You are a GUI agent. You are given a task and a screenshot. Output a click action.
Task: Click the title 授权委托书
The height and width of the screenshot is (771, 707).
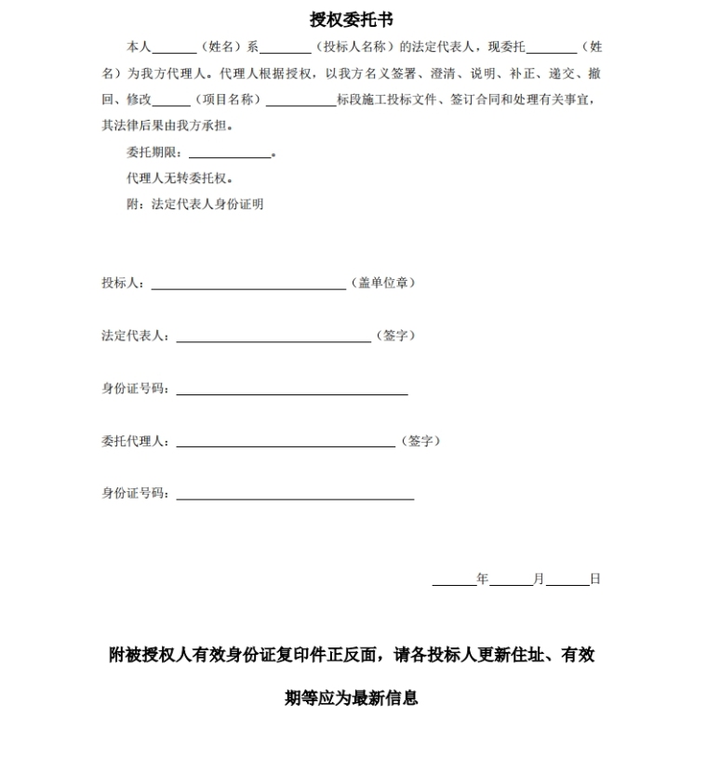[x=352, y=20]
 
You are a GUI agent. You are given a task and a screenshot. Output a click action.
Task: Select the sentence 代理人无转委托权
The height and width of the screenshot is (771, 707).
[x=180, y=178]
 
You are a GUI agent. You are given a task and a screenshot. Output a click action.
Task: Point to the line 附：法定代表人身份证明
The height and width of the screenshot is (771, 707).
[x=194, y=204]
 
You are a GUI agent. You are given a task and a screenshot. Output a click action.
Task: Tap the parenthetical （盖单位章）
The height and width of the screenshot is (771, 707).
[x=383, y=283]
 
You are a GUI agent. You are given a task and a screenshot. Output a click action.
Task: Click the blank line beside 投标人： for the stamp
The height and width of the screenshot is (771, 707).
[x=248, y=287]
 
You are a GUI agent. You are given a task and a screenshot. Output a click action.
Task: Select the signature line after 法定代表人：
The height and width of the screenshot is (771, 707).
[x=273, y=340]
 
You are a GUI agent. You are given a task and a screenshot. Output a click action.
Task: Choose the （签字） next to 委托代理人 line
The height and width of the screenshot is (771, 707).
[x=421, y=441]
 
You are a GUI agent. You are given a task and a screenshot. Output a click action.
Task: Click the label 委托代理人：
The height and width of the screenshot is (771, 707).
[x=136, y=441]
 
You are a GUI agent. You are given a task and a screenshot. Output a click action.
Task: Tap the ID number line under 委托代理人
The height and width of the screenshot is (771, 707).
[x=295, y=498]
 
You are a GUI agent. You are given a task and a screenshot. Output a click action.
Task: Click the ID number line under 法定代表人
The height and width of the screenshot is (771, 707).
[x=292, y=393]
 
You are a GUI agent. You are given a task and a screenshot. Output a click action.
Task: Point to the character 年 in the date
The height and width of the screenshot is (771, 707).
[x=483, y=578]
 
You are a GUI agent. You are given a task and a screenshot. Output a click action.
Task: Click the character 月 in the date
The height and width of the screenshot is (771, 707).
[x=539, y=578]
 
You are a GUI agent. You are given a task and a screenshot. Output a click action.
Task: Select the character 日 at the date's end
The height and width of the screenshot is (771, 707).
[x=595, y=578]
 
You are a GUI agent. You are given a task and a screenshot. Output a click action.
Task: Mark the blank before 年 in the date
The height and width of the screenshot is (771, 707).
[x=454, y=582]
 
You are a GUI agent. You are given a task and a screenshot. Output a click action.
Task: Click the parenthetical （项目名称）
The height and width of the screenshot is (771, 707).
[x=226, y=100]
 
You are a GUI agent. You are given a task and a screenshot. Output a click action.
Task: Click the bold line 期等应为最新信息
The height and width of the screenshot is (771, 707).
[x=352, y=698]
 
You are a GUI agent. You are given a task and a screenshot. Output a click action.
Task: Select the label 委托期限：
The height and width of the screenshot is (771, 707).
[x=154, y=153]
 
